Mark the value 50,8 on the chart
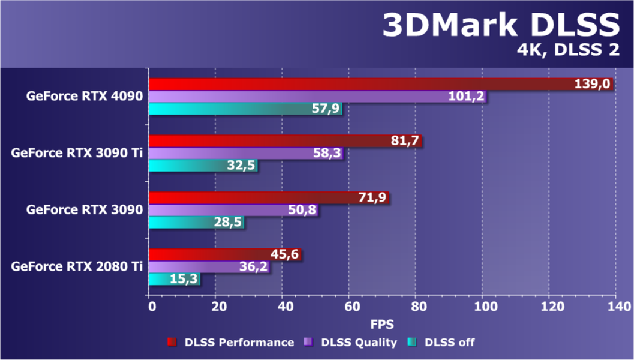302,210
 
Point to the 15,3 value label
185,279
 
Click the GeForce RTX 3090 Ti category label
76,153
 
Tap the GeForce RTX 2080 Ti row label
76,266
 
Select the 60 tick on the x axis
350,307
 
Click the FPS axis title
381,325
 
